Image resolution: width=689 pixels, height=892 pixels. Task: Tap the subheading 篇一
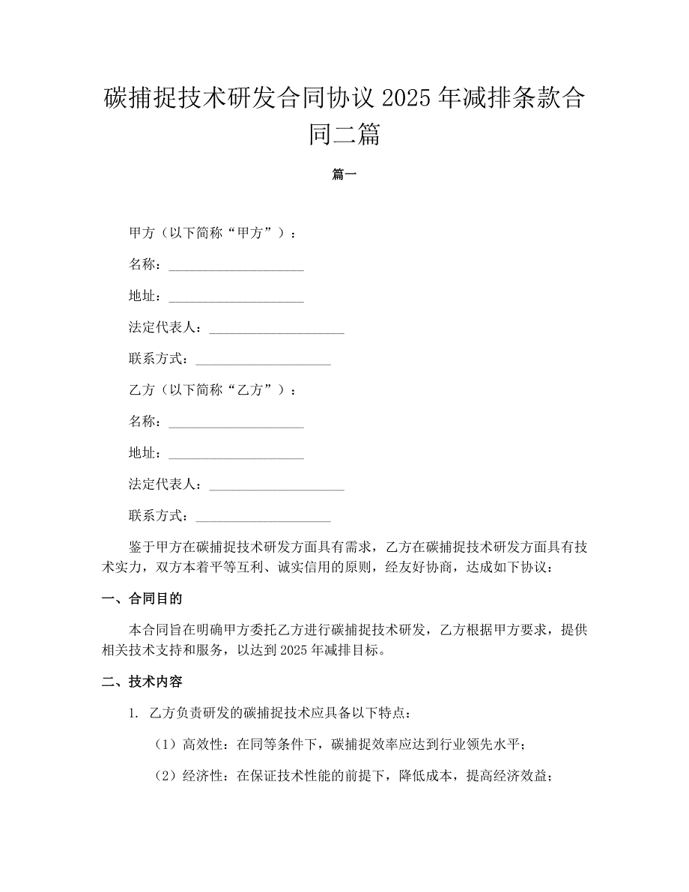coord(344,175)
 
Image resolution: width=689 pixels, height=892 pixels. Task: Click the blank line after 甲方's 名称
coord(236,265)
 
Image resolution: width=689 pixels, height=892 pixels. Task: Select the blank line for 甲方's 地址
coord(236,297)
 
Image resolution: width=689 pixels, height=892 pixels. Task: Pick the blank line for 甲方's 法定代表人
coord(276,328)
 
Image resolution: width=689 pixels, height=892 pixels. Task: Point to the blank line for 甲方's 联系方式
coord(263,359)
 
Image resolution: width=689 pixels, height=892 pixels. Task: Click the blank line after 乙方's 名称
coord(236,422)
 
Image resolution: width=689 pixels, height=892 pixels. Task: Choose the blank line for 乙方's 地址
coord(236,454)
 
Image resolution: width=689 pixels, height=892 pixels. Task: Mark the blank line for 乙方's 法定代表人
coord(276,485)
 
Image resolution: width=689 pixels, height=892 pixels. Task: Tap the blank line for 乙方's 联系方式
coord(263,517)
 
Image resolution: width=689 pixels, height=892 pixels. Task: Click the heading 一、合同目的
coord(142,598)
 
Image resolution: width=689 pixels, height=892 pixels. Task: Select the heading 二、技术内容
coord(142,682)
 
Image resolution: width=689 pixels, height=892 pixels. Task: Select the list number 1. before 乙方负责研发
coord(133,713)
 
